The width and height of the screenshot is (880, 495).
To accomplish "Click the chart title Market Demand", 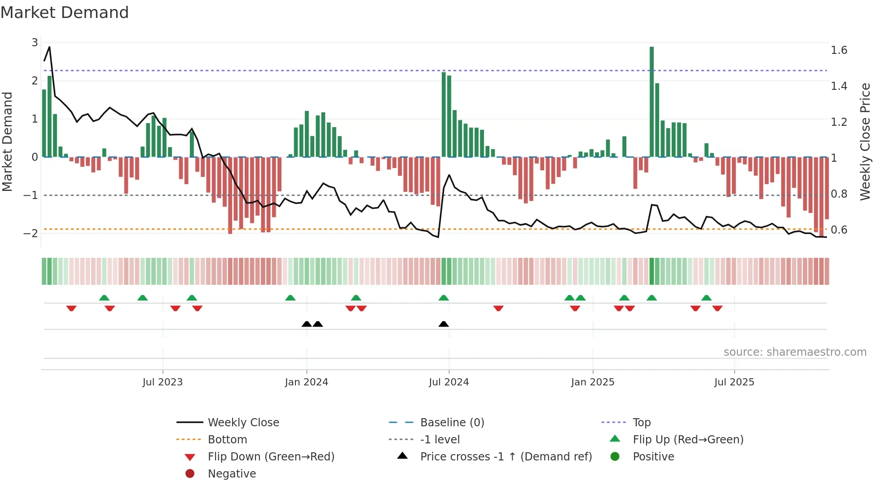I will coord(65,13).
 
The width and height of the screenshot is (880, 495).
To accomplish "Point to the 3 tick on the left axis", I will coord(35,43).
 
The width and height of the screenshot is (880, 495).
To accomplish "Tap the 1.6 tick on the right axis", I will coord(839,50).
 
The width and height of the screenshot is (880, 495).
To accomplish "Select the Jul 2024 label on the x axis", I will coord(449,382).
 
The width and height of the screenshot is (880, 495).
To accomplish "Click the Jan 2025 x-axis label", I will coord(593,382).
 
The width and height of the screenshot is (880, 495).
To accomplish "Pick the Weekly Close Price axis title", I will coord(865,141).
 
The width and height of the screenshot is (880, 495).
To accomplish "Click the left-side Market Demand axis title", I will coord(7,141).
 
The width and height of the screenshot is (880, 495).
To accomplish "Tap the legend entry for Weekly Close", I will coord(243,422).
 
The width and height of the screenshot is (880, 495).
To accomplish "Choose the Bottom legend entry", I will coord(227,439).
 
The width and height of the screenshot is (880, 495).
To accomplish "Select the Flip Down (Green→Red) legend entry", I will coord(271,456).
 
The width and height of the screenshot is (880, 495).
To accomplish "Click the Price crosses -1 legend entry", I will coord(506,456).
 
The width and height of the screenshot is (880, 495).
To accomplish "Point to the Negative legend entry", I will coord(232,473).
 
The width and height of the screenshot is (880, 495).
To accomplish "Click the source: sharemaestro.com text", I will coord(795,352).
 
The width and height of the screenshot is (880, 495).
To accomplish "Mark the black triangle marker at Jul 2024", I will coord(444,324).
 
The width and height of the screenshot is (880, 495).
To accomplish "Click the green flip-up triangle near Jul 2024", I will coord(444,298).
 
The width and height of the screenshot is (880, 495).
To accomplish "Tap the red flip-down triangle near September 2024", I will coord(498,308).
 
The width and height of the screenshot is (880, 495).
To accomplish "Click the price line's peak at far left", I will coord(49,47).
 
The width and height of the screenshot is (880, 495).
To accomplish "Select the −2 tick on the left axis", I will coord(31,233).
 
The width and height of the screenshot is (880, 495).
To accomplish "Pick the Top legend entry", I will coord(642,422).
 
